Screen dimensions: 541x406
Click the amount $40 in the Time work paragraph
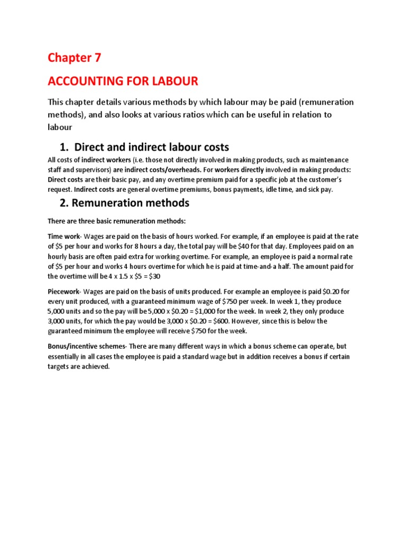[252, 246]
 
